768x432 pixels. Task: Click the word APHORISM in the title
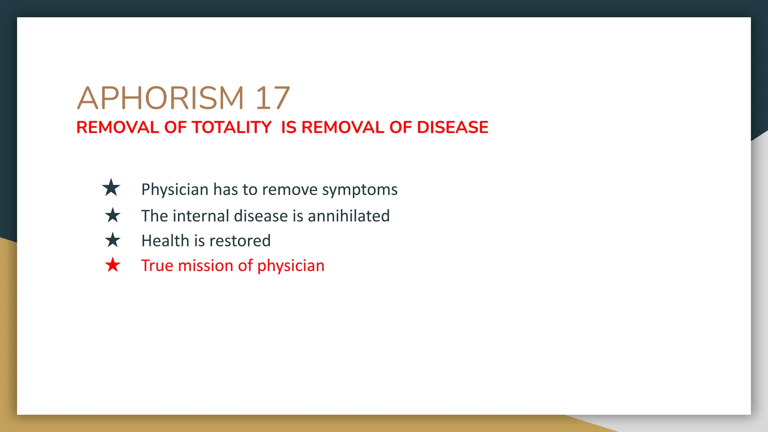point(160,98)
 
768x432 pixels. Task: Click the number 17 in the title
point(273,98)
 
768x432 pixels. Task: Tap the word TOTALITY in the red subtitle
point(232,127)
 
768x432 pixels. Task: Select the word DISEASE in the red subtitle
point(453,127)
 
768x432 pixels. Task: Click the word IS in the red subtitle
point(289,127)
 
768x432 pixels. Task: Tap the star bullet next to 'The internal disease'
point(112,215)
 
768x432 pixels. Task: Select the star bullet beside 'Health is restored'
point(112,240)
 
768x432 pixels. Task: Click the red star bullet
point(112,265)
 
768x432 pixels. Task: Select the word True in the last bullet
point(157,265)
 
